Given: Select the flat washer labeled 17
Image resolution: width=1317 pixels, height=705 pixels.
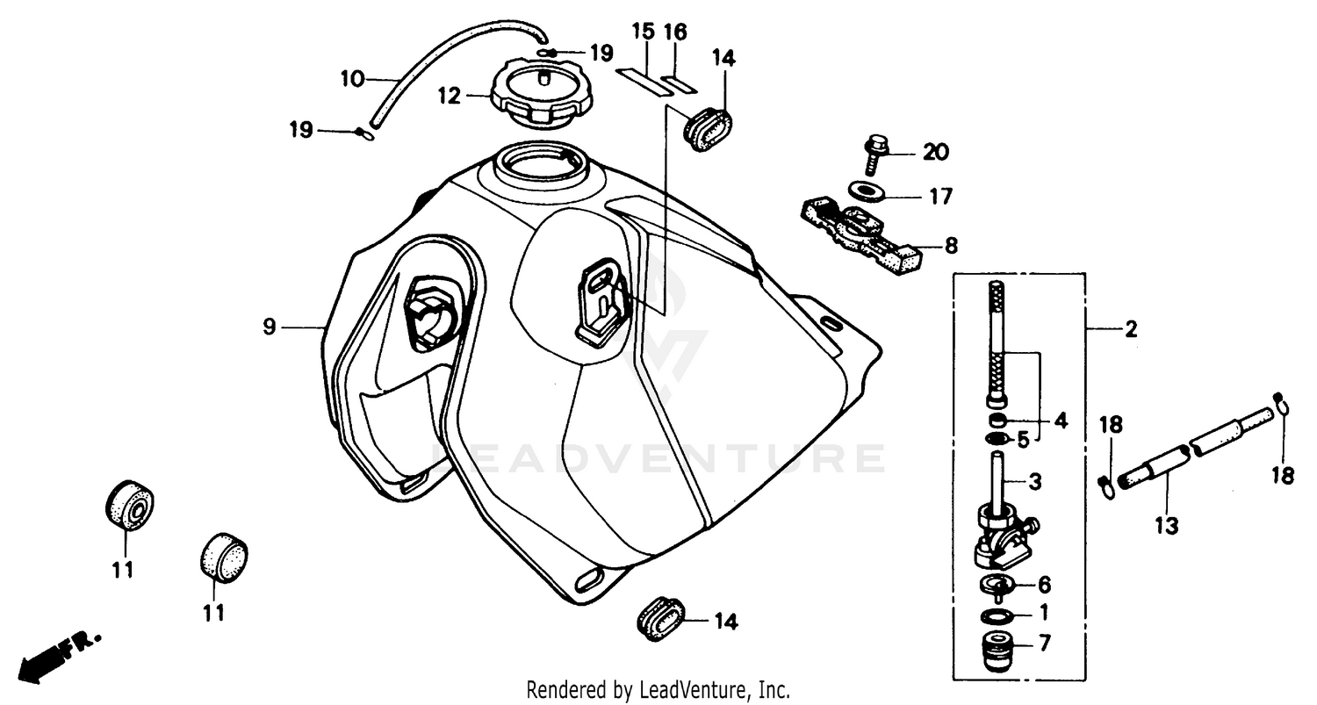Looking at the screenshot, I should click(867, 191).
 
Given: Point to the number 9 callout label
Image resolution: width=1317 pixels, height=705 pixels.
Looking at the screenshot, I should click(269, 327).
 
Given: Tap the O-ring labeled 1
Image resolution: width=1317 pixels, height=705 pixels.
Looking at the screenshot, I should click(995, 613).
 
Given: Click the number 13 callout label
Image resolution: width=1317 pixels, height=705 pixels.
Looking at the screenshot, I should click(1168, 526).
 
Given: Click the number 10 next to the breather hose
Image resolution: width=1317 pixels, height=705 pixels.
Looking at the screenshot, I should click(352, 79).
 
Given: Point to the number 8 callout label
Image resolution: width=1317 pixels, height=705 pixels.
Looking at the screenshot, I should click(952, 247).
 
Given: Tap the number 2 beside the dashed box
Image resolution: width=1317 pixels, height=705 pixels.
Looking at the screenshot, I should click(1131, 329).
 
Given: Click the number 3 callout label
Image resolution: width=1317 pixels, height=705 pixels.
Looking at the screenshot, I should click(1035, 481).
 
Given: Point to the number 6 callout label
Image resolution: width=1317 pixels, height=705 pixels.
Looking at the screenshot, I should click(1044, 584).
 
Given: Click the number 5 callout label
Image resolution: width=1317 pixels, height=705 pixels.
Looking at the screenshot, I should click(1022, 439).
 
